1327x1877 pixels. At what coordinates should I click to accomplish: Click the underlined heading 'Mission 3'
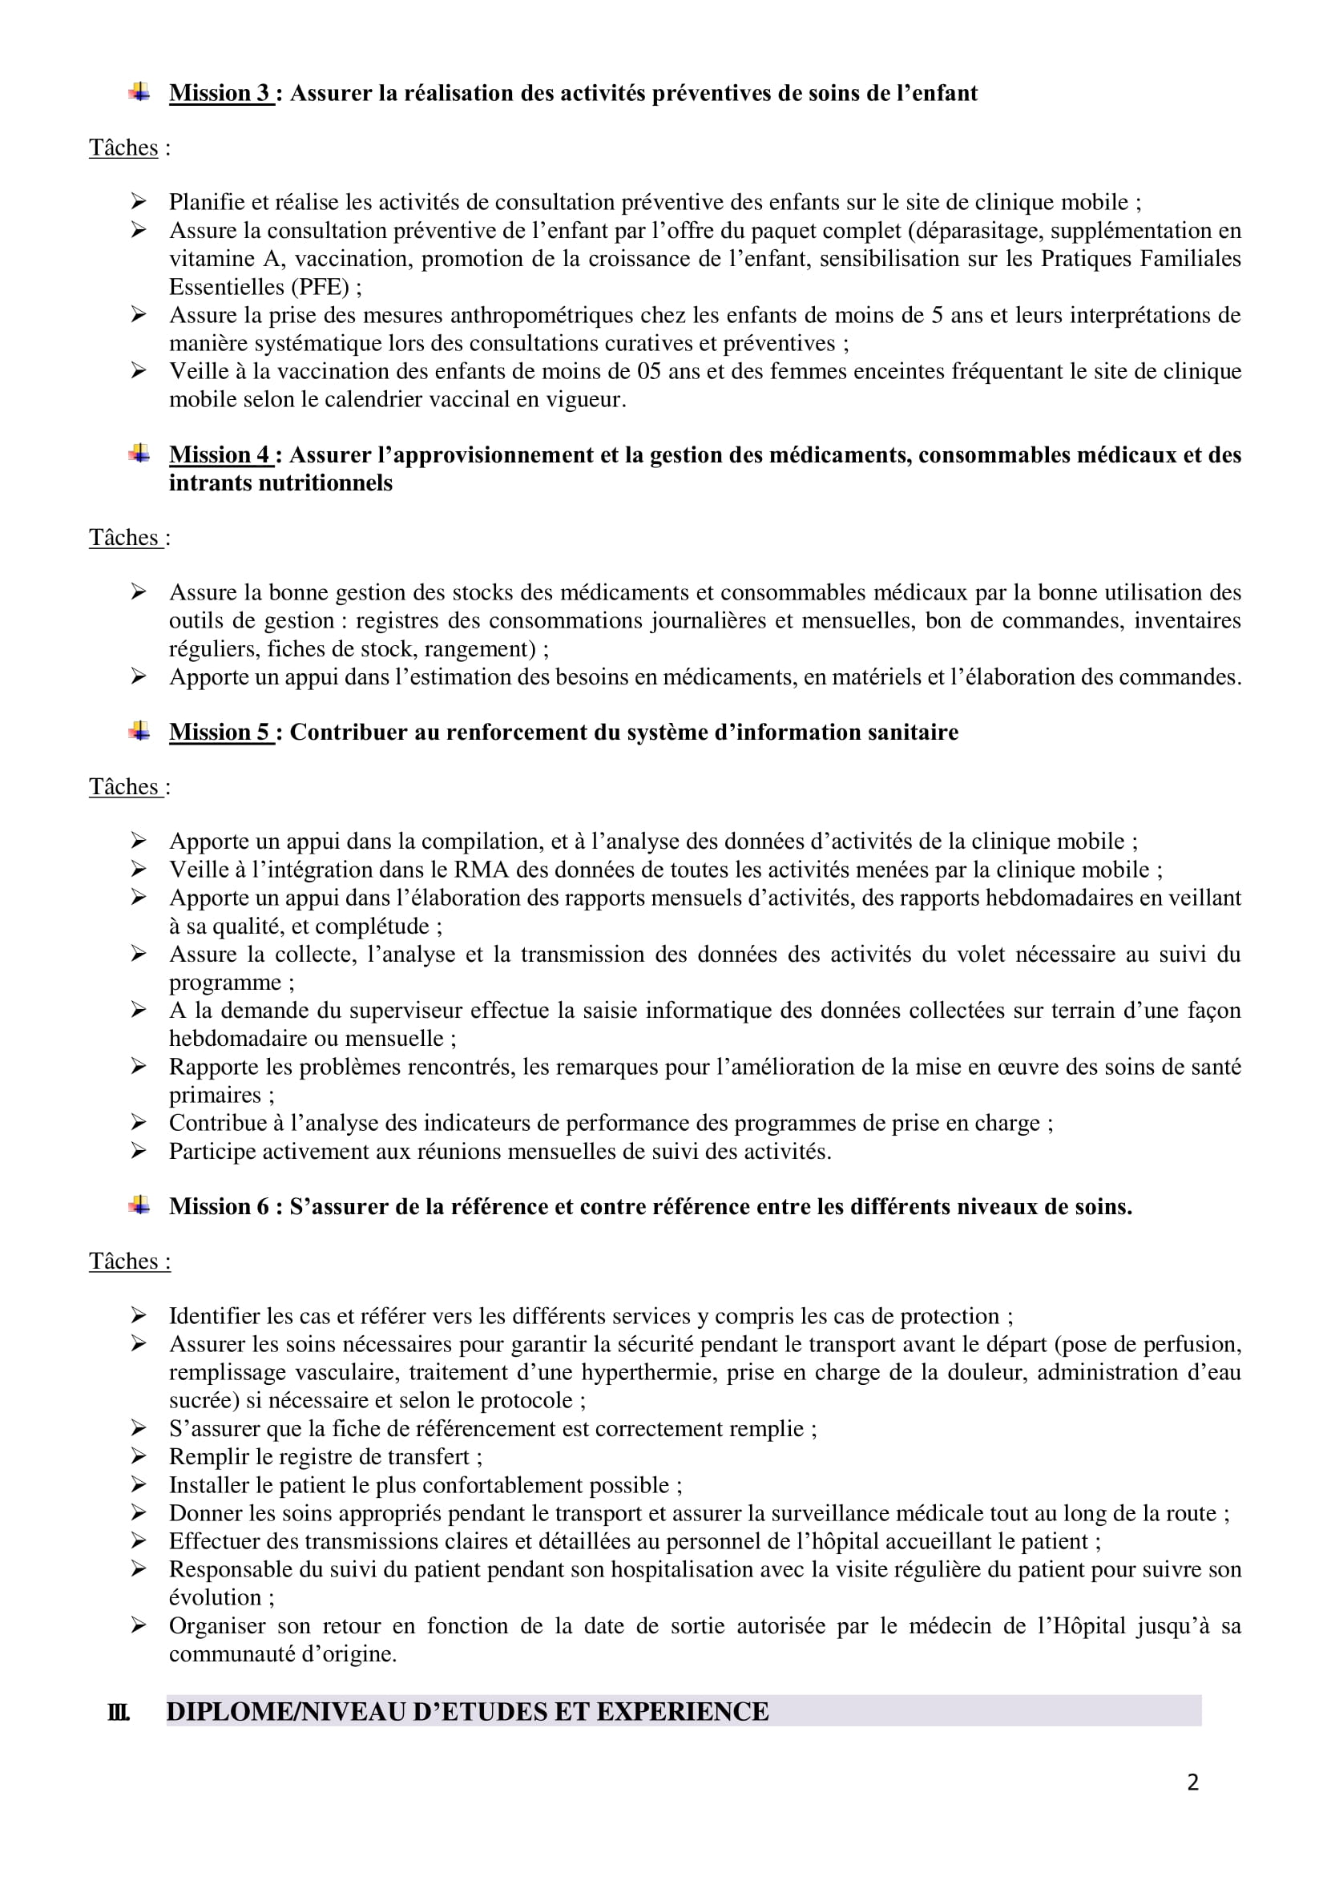(219, 93)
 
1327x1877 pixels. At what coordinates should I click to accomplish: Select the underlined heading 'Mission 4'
(219, 454)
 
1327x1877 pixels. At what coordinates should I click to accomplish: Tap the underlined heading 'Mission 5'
(219, 732)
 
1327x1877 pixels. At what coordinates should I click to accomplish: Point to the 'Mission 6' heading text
(219, 1207)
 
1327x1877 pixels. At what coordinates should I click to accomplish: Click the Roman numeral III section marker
(119, 1712)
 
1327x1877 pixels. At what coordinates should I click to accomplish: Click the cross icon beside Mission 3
(139, 92)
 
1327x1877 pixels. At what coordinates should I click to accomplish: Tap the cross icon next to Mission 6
(139, 1206)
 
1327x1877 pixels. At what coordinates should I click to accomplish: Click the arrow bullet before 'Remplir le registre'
(138, 1457)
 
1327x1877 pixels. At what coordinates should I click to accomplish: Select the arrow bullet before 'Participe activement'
(138, 1151)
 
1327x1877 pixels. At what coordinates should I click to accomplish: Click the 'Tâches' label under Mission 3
(123, 148)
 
